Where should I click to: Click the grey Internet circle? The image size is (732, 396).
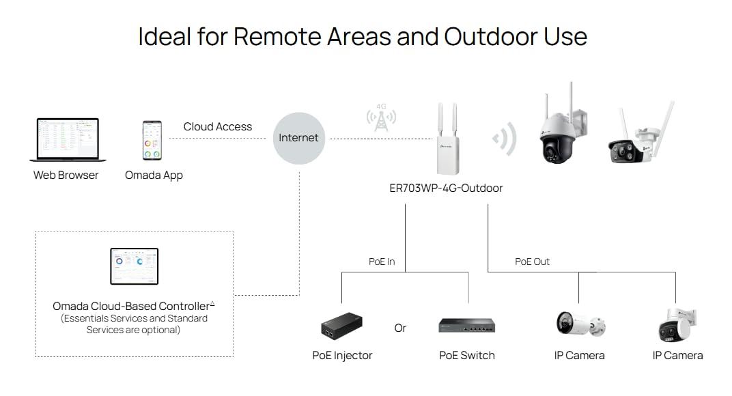(298, 138)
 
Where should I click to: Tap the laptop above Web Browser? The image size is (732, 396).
(69, 140)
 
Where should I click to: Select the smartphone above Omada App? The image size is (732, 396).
(152, 141)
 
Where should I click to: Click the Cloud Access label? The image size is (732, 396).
(217, 127)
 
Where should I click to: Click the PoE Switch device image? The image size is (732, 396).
(466, 326)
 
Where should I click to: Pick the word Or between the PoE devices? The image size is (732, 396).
(400, 328)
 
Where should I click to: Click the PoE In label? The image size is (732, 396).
(382, 261)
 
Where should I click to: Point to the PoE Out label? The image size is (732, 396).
(532, 261)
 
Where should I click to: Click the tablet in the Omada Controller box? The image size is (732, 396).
(135, 266)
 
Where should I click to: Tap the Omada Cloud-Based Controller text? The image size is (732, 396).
(133, 306)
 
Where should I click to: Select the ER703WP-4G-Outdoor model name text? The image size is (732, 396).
(446, 188)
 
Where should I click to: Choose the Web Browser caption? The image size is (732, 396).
(66, 175)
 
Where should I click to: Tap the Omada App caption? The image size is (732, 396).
(154, 175)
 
